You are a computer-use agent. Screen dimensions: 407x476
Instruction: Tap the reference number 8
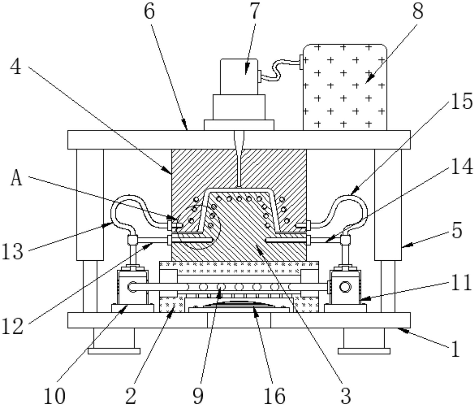pyautogui.click(x=417, y=11)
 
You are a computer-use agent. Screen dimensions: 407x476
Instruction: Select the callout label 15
pyautogui.click(x=461, y=101)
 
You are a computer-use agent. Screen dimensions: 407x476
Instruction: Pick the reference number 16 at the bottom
pyautogui.click(x=274, y=396)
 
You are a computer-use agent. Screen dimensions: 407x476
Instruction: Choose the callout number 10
pyautogui.click(x=55, y=396)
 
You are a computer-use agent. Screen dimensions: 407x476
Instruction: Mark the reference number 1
pyautogui.click(x=455, y=349)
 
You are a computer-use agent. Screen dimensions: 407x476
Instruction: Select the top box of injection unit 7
pyautogui.click(x=239, y=77)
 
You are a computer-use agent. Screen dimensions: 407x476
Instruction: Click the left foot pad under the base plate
pyautogui.click(x=114, y=351)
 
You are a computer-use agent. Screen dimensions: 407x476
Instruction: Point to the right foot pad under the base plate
pyautogui.click(x=364, y=351)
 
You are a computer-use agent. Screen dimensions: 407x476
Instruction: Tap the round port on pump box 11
pyautogui.click(x=345, y=287)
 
